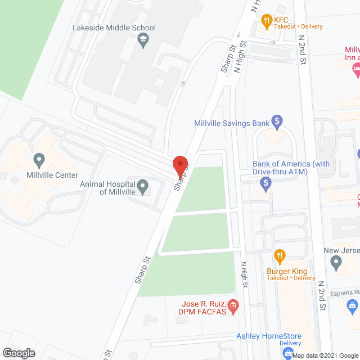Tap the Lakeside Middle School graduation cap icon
(x=144, y=40)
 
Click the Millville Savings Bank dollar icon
(x=276, y=120)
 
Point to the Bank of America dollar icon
(x=267, y=182)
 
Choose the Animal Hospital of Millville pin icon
(x=143, y=185)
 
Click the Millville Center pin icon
(x=39, y=161)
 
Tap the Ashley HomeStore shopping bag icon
(x=287, y=353)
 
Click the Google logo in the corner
(x=18, y=353)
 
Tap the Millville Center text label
(x=52, y=175)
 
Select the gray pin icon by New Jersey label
(x=336, y=262)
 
